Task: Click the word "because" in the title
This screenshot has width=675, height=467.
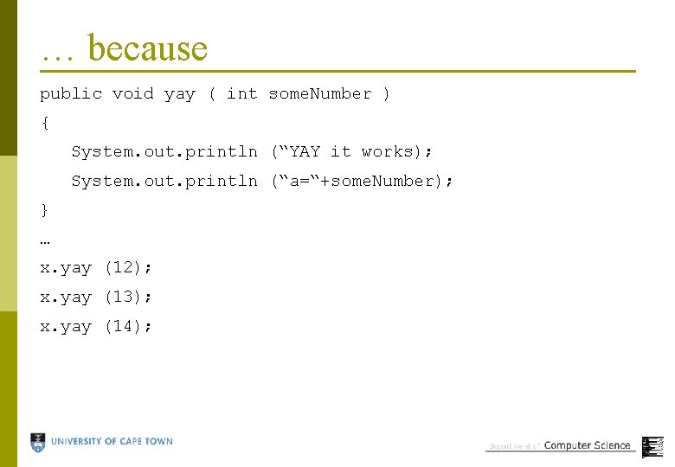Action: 148,48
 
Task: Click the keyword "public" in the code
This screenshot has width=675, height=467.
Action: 71,93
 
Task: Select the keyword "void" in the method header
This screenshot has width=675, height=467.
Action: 132,93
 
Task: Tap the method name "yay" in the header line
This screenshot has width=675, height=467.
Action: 180,94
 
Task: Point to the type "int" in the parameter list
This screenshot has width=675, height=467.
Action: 241,93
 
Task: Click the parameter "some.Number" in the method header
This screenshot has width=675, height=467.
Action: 320,93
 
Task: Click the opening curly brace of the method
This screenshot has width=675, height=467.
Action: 44,123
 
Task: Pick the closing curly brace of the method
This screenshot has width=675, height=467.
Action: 44,210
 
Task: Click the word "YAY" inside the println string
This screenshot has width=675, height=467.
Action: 305,151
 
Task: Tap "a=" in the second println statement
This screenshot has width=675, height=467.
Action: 299,181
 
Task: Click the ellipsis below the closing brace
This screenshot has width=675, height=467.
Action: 45,240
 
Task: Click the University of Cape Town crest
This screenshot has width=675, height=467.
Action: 38,443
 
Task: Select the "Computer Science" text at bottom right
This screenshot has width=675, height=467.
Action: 587,445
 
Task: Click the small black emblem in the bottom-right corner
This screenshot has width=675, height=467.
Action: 652,446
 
